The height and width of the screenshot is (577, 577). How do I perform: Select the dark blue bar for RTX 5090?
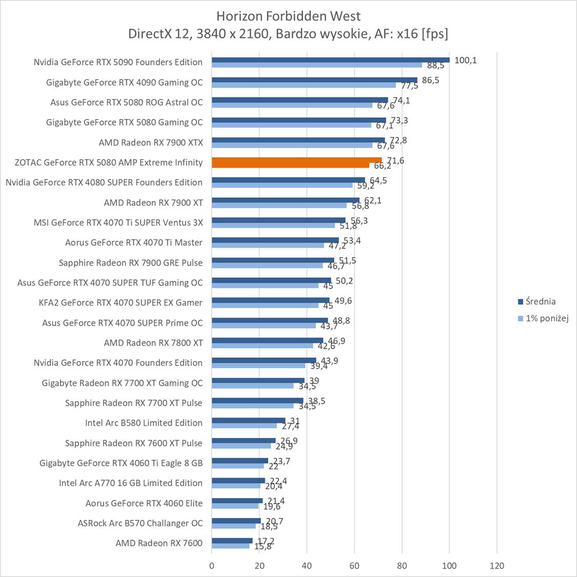(330, 59)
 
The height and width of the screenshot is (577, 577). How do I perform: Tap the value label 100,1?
(466, 60)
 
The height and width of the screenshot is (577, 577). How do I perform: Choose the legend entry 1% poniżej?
(547, 319)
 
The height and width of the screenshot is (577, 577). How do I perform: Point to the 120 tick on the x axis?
(497, 566)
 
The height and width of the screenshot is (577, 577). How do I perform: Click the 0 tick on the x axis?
(212, 566)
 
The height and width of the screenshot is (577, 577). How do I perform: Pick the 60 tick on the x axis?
(354, 566)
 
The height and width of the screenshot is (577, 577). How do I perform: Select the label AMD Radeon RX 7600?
(159, 543)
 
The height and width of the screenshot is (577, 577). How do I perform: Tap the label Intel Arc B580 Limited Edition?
(144, 423)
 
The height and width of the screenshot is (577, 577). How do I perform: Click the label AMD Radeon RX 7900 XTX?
(151, 143)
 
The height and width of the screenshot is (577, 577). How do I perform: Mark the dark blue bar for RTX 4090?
(314, 79)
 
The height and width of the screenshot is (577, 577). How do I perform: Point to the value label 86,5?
(430, 80)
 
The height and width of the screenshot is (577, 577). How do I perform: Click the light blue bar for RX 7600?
(230, 546)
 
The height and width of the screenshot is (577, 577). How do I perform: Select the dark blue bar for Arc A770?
(238, 481)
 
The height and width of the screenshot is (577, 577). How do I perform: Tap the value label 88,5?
(435, 66)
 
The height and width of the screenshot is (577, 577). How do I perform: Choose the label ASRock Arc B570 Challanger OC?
(140, 523)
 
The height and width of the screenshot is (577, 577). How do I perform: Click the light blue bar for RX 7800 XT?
(262, 345)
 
